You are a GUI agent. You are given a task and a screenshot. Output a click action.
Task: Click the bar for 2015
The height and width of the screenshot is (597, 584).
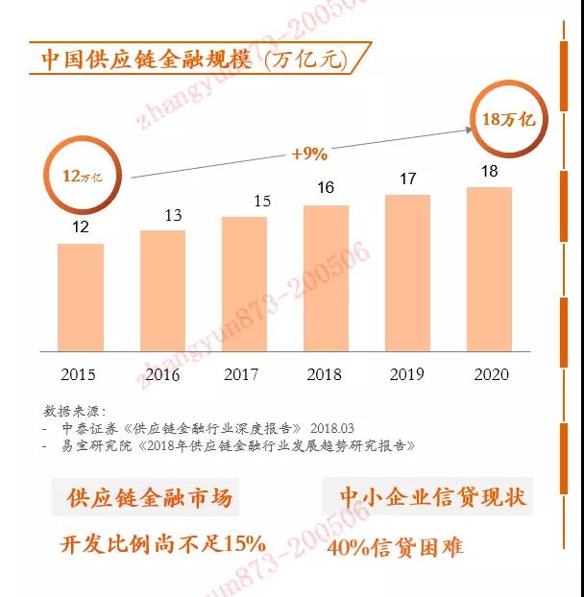[80, 298]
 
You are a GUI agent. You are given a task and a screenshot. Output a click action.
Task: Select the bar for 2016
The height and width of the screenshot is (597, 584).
[162, 291]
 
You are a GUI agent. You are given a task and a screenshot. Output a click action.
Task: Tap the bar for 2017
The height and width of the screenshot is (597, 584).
[244, 284]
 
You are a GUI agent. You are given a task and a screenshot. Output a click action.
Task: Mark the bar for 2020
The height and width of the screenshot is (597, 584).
[489, 269]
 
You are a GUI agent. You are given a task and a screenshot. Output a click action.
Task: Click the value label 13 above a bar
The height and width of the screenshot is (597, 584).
[173, 215]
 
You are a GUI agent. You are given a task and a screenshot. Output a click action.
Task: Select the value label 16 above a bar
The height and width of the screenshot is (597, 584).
[326, 187]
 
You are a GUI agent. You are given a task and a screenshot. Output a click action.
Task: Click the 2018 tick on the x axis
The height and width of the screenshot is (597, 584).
[325, 374]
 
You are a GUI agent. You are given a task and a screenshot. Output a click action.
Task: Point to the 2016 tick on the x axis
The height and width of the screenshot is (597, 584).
[161, 374]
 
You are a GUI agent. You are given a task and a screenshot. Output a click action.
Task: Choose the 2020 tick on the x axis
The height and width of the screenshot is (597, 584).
[491, 374]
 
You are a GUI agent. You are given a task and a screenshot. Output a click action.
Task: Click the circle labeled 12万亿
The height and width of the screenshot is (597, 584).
[82, 177]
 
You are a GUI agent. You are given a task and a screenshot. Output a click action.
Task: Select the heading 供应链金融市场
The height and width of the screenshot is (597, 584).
[149, 498]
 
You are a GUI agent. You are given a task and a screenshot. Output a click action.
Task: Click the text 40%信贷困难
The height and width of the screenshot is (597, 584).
[395, 548]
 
